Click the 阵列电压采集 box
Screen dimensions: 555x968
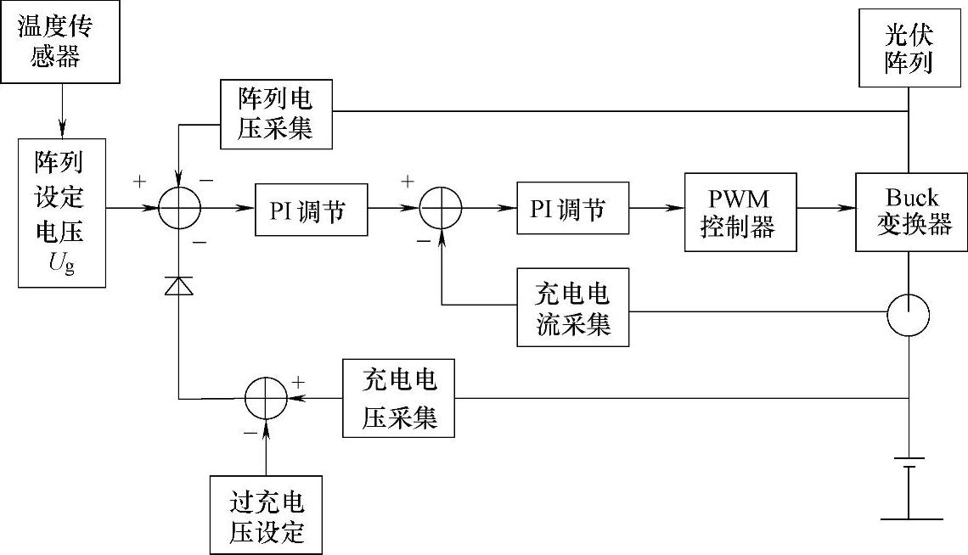[x=276, y=115]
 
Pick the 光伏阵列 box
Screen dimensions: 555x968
[x=908, y=48]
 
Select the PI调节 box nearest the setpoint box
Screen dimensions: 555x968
[x=312, y=208]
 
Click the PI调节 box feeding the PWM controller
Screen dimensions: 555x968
[x=573, y=208]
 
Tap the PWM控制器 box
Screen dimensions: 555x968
[x=741, y=211]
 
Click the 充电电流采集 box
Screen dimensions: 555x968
[x=573, y=308]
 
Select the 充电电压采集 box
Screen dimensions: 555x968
[x=398, y=398]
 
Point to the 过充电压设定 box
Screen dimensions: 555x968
[x=266, y=514]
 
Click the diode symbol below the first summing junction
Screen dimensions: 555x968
[x=178, y=287]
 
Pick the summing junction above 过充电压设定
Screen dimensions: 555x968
[x=266, y=398]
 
